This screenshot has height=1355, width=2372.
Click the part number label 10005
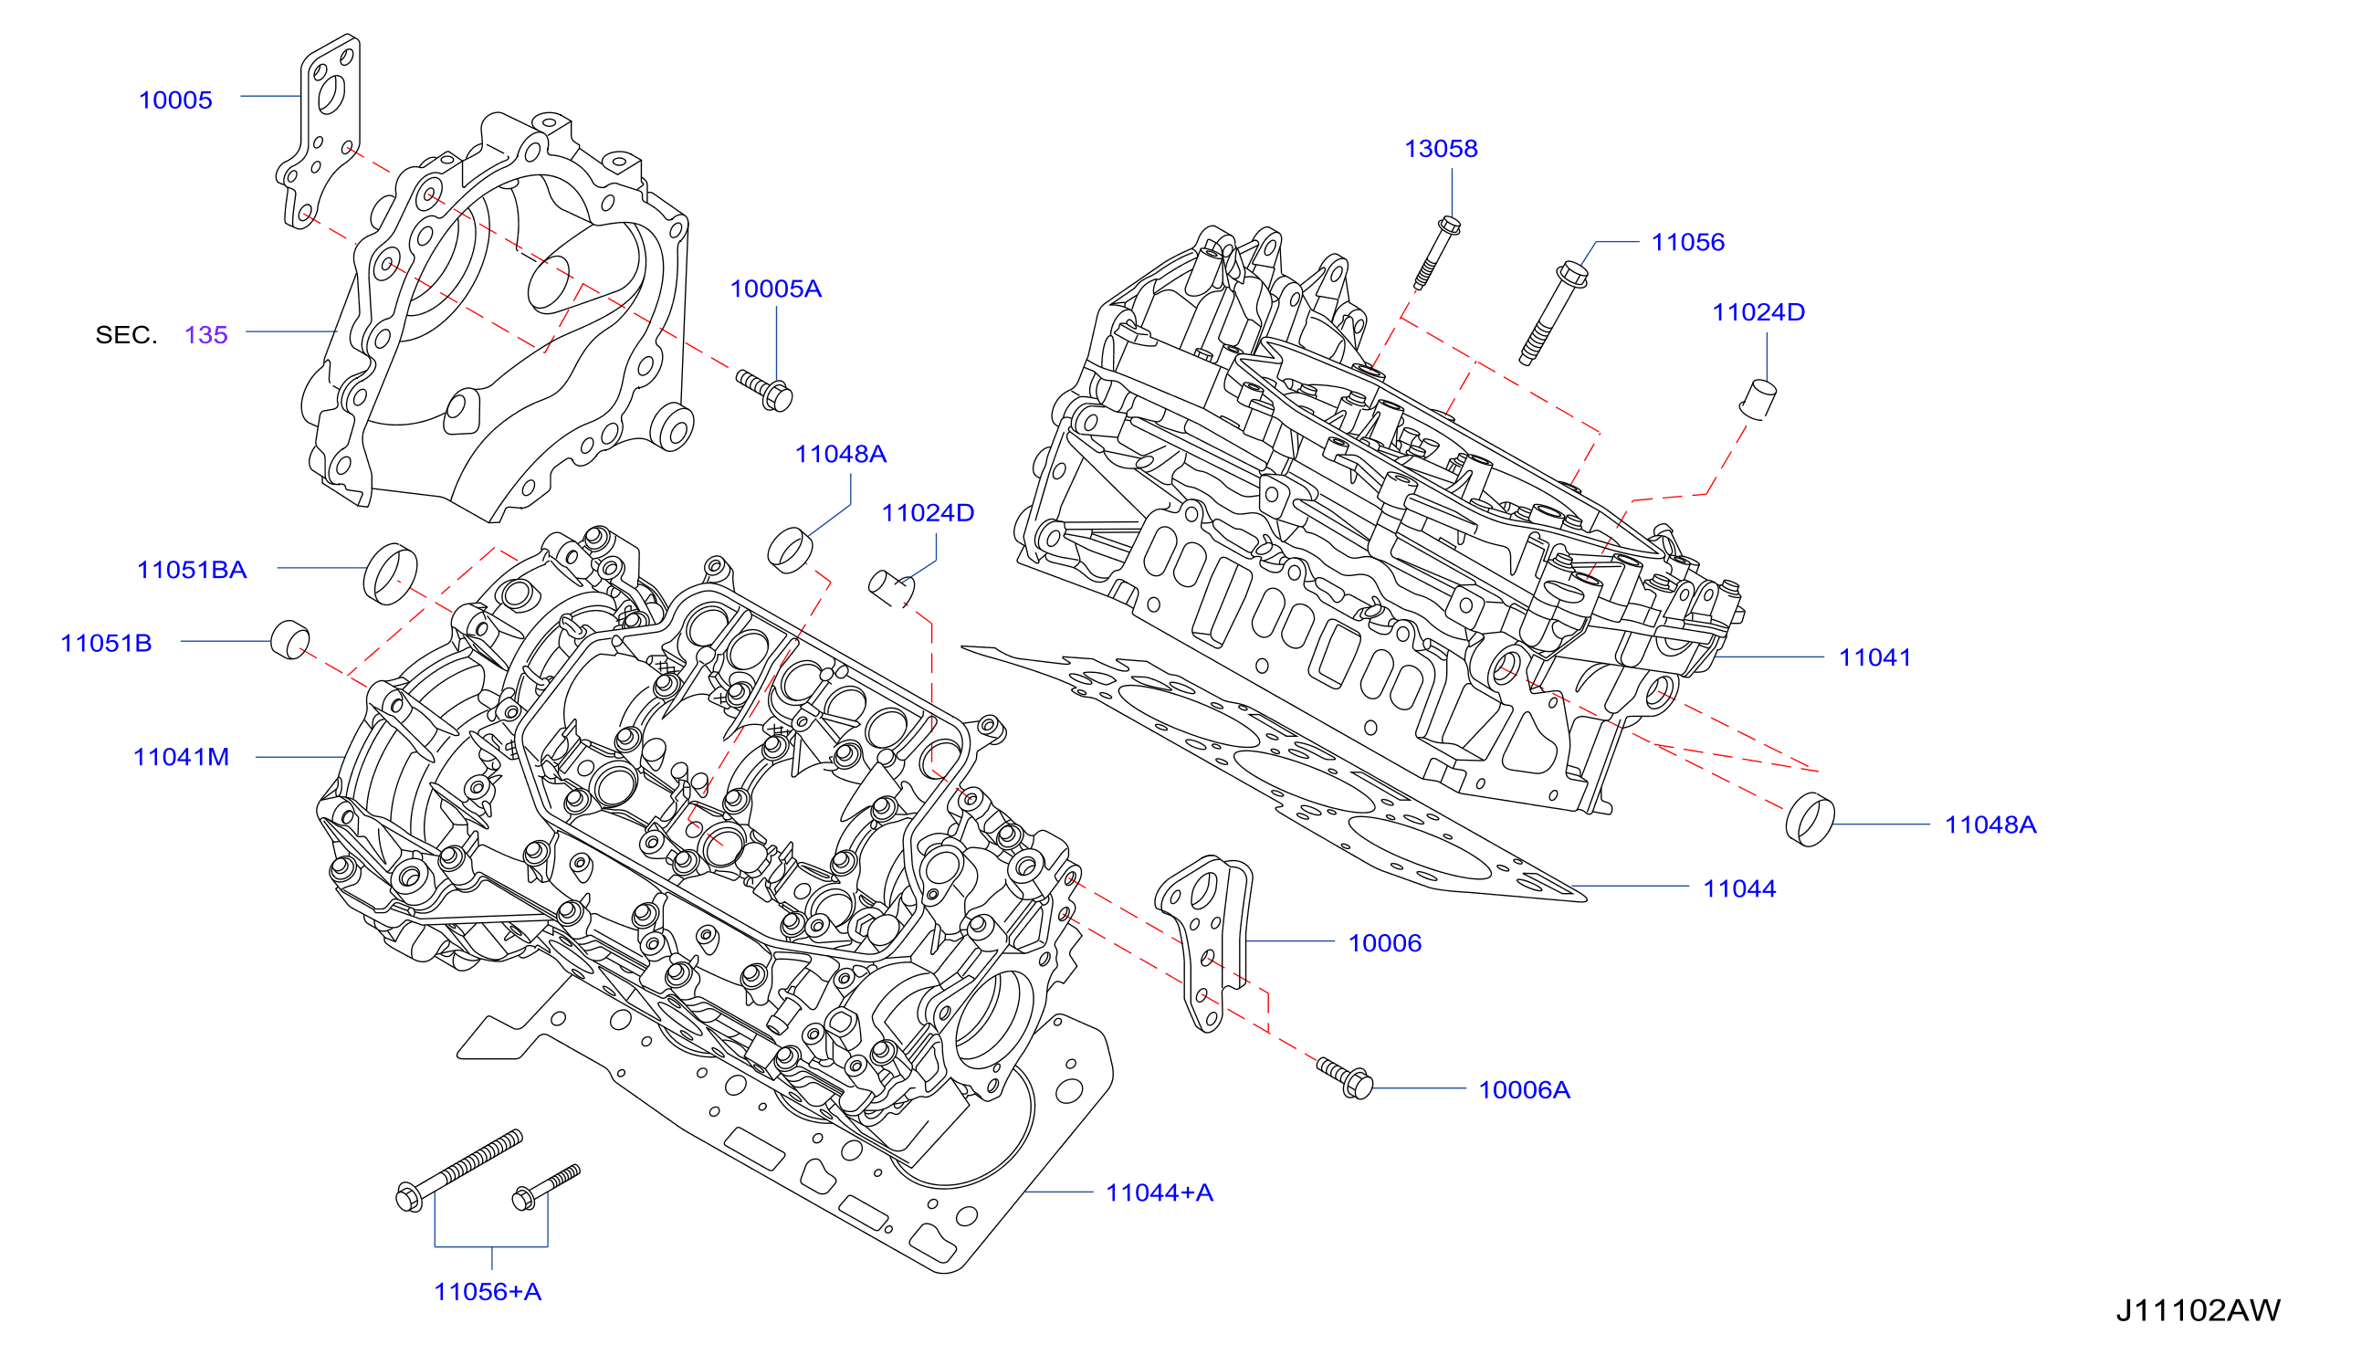coord(175,100)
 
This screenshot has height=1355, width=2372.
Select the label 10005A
coord(775,289)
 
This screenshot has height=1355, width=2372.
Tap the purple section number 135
coord(205,335)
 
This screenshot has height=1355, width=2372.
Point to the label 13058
coord(1441,148)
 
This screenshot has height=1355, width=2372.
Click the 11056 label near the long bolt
coord(1687,242)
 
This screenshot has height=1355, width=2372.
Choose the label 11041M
coord(181,757)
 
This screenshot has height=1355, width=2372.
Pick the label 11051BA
coord(192,570)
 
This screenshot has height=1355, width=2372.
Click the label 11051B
coord(106,643)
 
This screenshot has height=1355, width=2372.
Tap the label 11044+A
coord(1159,1192)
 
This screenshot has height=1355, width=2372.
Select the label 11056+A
coord(488,1292)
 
